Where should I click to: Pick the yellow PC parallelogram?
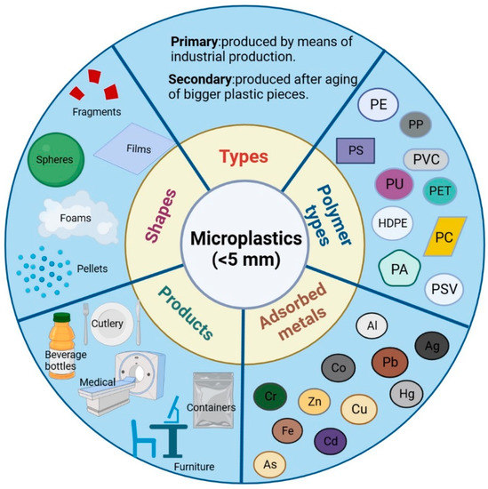(x=444, y=237)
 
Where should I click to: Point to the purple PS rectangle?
(x=356, y=149)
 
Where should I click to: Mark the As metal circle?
(x=270, y=463)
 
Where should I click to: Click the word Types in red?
(x=243, y=156)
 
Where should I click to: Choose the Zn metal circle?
(x=315, y=403)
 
